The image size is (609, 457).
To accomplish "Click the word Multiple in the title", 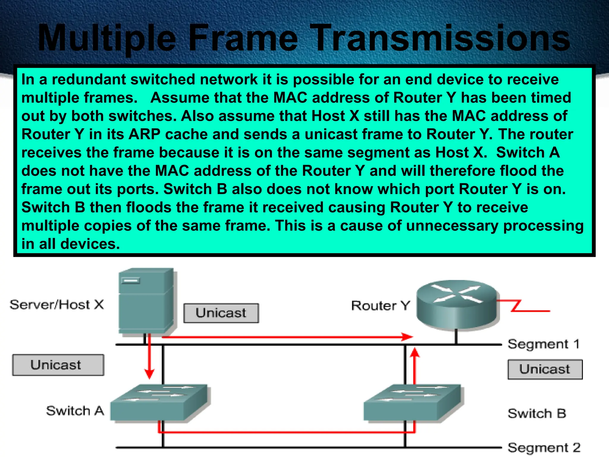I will tap(107, 39).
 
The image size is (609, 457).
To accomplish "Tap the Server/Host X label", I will tap(57, 305).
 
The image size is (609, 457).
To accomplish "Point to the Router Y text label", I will tap(380, 306).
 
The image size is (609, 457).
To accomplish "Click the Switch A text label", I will tap(75, 411).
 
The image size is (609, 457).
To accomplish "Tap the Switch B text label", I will tap(537, 414).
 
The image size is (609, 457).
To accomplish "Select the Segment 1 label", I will tap(544, 344).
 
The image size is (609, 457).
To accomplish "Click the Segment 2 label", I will tap(544, 447).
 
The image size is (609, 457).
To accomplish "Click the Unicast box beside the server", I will tap(221, 313).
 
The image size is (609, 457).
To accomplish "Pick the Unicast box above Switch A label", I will tap(58, 365).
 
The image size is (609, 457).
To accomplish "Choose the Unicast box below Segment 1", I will tap(545, 370).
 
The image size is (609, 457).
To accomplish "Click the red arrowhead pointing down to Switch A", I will tap(149, 374).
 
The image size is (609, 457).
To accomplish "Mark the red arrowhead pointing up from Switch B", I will tap(415, 353).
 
